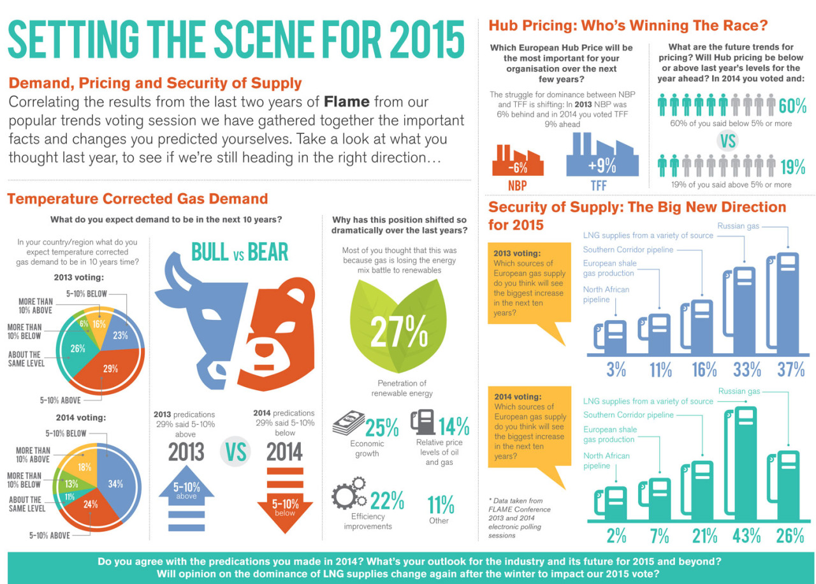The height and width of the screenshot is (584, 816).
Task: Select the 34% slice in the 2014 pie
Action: [x=115, y=484]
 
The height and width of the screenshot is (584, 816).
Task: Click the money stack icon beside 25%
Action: [x=347, y=421]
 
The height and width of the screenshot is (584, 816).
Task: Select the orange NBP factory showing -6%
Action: [x=517, y=163]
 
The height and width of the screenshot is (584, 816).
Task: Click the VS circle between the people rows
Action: [x=727, y=140]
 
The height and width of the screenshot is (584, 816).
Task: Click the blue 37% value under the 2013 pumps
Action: [x=790, y=369]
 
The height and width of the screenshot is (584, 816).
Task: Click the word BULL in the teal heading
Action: [x=210, y=252]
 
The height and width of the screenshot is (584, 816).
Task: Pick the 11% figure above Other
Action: [x=441, y=504]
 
